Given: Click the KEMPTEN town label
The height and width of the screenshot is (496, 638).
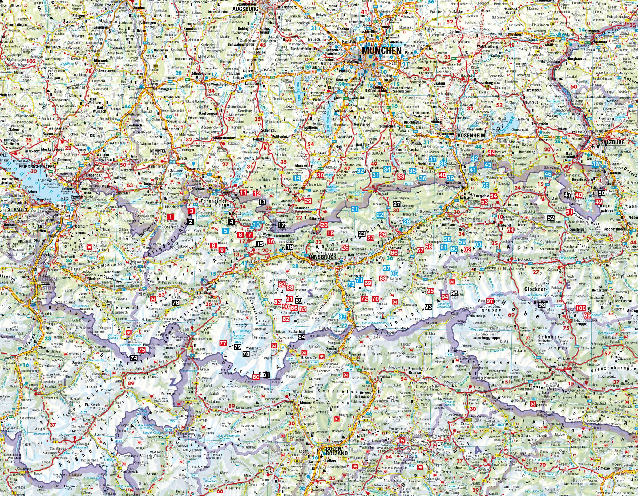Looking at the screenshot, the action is (158, 151).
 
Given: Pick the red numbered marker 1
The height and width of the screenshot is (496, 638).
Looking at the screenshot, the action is (171, 216).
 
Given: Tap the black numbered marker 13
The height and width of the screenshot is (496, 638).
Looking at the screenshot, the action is (262, 202).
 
